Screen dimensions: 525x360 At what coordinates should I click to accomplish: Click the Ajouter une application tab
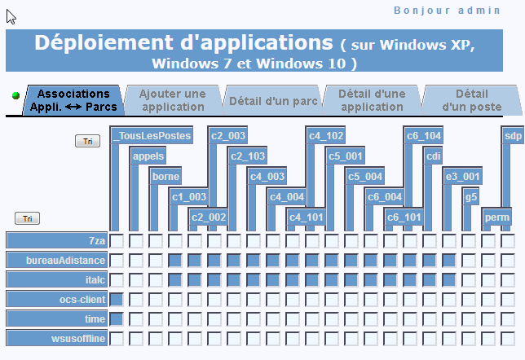(x=173, y=100)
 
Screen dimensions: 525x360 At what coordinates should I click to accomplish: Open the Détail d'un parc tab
(x=273, y=100)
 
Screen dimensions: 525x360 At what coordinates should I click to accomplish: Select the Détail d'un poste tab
(x=472, y=100)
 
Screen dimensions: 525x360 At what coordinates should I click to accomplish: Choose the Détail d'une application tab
(x=372, y=100)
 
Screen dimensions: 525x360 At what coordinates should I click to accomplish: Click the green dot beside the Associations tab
(x=15, y=95)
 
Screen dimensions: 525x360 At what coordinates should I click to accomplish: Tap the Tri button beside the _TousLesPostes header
(x=87, y=141)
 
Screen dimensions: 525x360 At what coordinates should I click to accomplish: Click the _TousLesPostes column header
(x=152, y=135)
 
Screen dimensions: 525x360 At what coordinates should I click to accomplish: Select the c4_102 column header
(x=325, y=135)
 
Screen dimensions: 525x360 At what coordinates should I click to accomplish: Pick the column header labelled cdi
(x=433, y=156)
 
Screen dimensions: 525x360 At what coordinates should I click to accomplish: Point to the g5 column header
(x=470, y=197)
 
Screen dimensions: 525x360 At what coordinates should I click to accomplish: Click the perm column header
(x=497, y=217)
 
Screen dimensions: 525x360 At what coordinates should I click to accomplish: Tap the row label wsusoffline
(x=57, y=338)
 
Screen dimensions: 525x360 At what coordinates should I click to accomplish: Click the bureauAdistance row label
(x=57, y=260)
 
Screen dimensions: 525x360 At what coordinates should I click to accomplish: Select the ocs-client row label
(x=57, y=299)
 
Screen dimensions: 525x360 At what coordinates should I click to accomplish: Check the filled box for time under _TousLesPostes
(x=117, y=318)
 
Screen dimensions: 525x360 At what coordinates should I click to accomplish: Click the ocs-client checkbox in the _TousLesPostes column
(x=117, y=299)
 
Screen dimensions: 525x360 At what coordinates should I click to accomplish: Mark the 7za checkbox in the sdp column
(x=508, y=240)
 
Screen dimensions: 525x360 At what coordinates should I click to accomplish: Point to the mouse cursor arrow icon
(x=11, y=17)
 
